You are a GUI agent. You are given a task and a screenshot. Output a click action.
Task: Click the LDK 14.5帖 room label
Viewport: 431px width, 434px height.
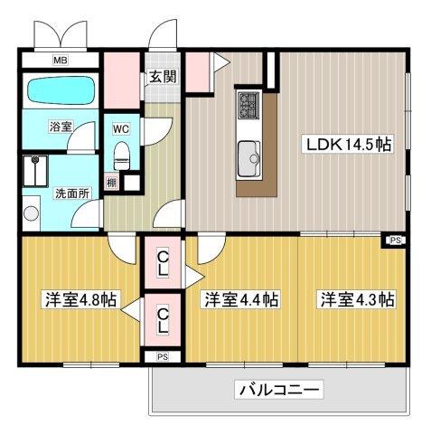point(347,145)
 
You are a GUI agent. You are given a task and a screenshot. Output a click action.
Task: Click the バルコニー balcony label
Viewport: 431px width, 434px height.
point(281,391)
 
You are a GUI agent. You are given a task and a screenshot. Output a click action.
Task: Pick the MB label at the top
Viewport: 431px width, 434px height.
point(59,61)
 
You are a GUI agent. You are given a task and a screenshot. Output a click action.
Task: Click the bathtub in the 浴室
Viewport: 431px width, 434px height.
point(59,91)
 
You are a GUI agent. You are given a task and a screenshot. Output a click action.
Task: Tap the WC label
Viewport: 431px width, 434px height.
point(120,128)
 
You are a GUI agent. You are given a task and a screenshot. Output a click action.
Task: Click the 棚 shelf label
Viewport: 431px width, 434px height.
point(111,183)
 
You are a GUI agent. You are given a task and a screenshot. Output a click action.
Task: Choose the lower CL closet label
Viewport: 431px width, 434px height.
point(162,318)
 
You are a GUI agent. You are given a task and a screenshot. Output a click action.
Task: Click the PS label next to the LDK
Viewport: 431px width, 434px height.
point(395,240)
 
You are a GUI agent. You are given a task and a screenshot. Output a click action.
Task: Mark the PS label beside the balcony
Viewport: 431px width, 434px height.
point(162,357)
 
